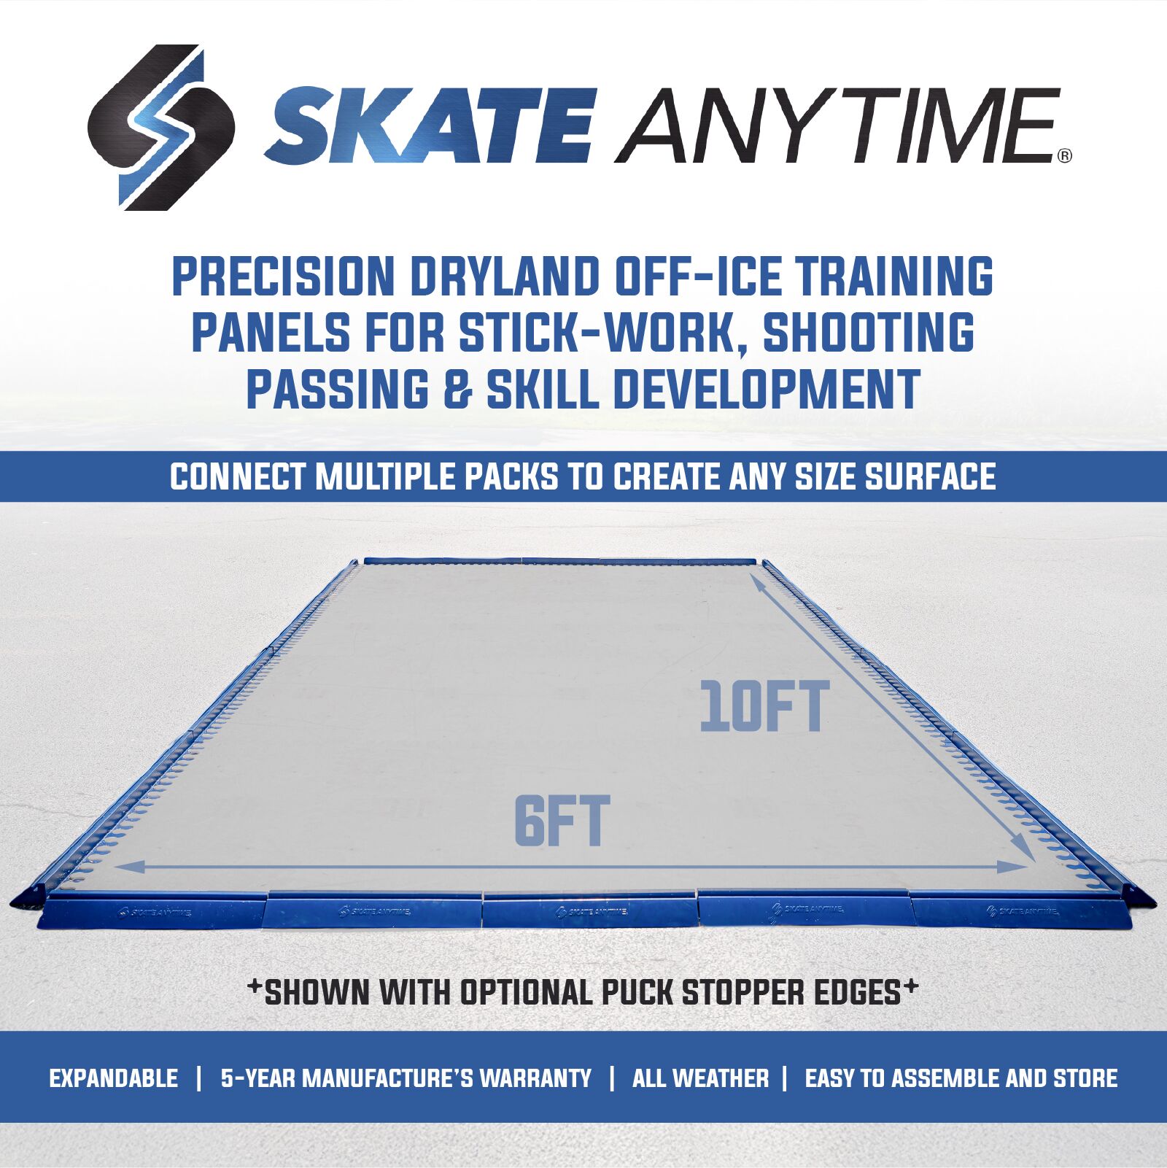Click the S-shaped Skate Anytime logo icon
coord(161,128)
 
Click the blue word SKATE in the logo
coord(431,125)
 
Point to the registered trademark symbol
coord(1065,155)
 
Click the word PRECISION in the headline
coord(283,276)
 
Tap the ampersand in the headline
coord(457,389)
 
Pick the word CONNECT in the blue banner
coord(238,477)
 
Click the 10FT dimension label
coord(764,706)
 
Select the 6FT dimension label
coord(562,821)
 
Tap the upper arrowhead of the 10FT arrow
coord(756,581)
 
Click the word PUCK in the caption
coord(635,993)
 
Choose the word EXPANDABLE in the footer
coord(114,1078)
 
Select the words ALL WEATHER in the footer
coord(700,1078)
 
